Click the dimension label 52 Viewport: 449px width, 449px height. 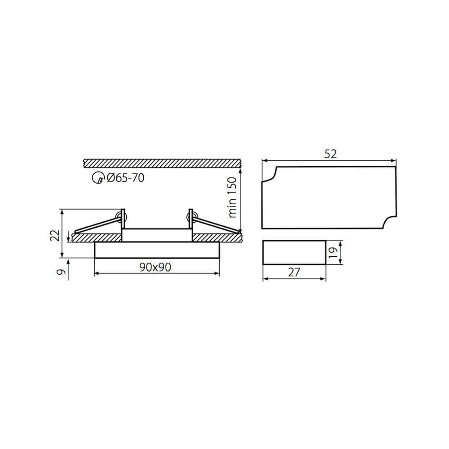click(330, 154)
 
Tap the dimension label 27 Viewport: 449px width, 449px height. click(294, 273)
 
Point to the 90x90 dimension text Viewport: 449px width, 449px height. click(155, 267)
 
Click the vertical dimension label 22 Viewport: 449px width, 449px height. click(54, 235)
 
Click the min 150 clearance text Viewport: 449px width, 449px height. click(232, 197)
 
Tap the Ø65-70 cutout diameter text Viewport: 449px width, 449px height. click(125, 178)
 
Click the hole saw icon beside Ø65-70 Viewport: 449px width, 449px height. click(97, 178)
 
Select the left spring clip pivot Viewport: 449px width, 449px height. click(120, 217)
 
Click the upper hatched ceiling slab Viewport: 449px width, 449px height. click(162, 163)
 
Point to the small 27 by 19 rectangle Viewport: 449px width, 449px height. click(294, 252)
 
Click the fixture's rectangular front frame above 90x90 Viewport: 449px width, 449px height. click(157, 250)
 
